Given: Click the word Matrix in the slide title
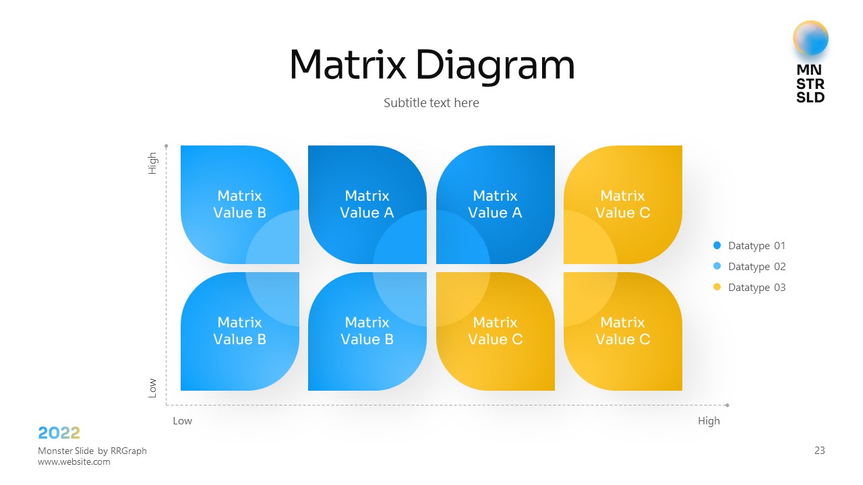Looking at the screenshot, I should [x=347, y=65].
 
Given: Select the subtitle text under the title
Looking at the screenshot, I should [x=431, y=103].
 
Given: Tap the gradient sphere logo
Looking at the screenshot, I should [x=810, y=38].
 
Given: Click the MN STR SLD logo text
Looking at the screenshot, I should [x=810, y=84].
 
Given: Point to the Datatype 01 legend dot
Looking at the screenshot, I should [x=717, y=246].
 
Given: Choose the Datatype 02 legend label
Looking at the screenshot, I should [x=756, y=267].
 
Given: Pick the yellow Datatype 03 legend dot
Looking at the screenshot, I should [x=717, y=288].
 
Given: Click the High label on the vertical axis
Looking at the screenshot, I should [x=152, y=163].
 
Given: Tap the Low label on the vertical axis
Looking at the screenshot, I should [x=152, y=387].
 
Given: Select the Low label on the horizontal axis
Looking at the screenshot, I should [x=182, y=421].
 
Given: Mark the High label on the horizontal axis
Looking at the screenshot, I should [x=709, y=421].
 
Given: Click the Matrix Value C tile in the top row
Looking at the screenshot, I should [x=623, y=204].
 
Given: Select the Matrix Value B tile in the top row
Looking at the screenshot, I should [x=239, y=204].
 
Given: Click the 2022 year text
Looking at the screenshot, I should [x=59, y=433].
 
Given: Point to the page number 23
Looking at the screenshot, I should [x=820, y=451].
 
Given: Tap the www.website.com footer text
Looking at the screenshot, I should [x=74, y=462].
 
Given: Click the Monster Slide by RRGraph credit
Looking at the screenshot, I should [x=92, y=451].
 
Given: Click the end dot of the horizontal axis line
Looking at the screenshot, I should [x=727, y=406].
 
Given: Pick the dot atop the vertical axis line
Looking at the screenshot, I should [x=166, y=145].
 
